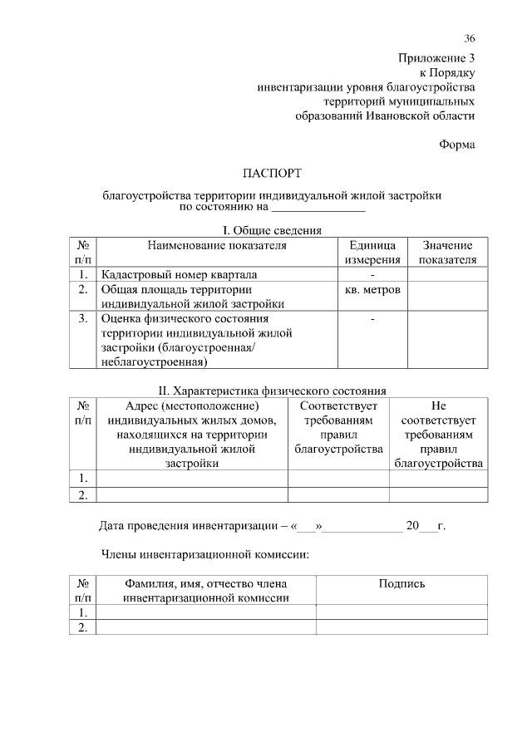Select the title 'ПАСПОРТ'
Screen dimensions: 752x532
click(272, 174)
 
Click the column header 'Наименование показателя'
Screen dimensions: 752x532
click(217, 245)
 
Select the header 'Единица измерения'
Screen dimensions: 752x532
click(372, 253)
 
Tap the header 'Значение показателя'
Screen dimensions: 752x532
click(447, 253)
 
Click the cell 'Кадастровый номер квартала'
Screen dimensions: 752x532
click(179, 274)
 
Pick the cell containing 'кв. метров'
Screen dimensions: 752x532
click(372, 290)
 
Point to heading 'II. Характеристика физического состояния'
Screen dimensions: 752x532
click(272, 390)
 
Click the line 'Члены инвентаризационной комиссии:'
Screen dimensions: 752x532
click(204, 553)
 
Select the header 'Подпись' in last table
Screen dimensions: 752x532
click(401, 583)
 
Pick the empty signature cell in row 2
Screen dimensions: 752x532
click(401, 628)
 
